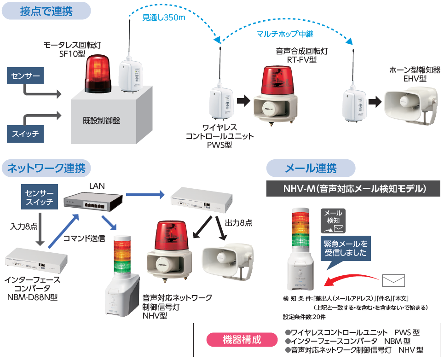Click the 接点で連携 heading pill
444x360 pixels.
coord(46,11)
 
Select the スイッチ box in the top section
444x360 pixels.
coord(25,134)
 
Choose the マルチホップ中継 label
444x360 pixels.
coord(285,34)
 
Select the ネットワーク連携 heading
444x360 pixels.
coord(46,168)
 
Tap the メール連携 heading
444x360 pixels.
coord(311,168)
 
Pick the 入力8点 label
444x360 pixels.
coord(24,226)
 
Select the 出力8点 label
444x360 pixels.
coord(239,223)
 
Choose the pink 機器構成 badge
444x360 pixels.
coord(242,340)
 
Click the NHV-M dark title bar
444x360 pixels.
coord(353,189)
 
